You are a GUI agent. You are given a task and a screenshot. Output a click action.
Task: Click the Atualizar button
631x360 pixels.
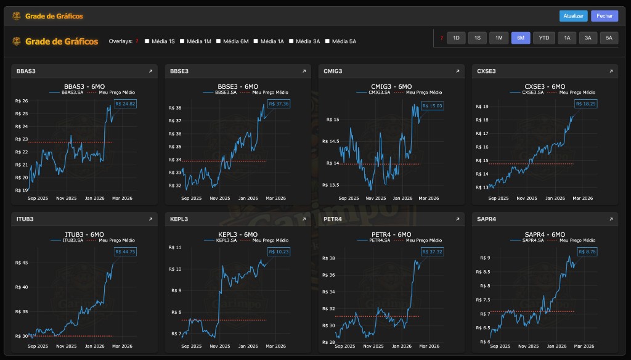[573, 16]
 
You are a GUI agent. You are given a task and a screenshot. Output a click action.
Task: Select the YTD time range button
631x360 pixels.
[543, 38]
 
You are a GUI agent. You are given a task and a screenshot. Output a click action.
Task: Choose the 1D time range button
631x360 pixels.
[456, 38]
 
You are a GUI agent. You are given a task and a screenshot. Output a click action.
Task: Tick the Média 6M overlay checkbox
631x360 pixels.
[218, 41]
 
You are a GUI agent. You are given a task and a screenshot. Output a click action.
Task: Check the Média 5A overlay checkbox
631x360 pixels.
[327, 41]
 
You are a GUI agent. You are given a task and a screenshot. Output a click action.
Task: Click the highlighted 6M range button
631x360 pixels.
[520, 38]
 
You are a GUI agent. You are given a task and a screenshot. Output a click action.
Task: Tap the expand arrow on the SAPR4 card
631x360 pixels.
[611, 219]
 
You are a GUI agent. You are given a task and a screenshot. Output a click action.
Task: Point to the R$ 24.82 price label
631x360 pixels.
[125, 104]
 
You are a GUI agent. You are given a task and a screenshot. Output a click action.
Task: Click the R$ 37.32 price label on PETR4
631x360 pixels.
[432, 252]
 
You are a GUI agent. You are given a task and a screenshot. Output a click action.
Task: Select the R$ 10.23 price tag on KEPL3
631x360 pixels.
[279, 252]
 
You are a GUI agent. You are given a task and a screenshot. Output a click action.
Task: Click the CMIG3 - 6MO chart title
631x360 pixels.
[391, 86]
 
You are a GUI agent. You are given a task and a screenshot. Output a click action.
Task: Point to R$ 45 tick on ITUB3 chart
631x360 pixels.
[21, 263]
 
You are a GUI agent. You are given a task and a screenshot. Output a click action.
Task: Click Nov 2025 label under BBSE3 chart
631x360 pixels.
[219, 198]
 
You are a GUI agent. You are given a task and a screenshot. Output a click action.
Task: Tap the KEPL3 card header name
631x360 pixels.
[179, 219]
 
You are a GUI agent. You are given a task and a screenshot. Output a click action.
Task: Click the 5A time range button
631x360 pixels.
[609, 38]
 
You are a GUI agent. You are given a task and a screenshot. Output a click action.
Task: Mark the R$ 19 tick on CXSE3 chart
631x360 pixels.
[482, 107]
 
